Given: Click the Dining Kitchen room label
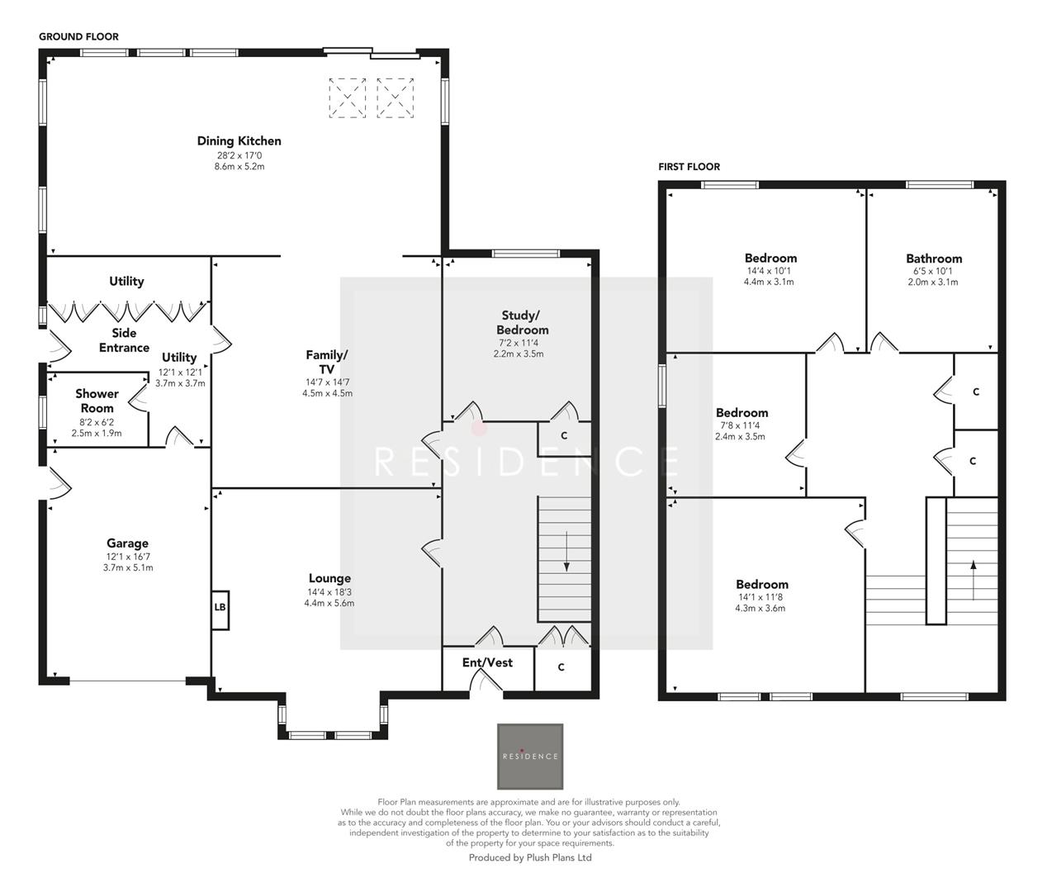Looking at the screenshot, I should (239, 141).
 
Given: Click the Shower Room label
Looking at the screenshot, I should (97, 401).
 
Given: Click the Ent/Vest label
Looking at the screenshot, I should (487, 662).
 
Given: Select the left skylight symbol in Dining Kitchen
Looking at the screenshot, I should (348, 97).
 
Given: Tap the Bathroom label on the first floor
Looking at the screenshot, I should (934, 258).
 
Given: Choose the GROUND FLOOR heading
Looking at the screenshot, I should (78, 36).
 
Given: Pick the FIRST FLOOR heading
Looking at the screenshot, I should (689, 167).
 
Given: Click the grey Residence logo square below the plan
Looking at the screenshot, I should (530, 757).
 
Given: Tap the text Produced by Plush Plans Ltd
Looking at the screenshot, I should (530, 857).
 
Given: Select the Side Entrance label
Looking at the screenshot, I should (124, 340).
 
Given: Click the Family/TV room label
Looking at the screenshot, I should (327, 362).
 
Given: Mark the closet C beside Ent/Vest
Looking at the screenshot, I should (561, 667).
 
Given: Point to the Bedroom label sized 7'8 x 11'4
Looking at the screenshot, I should (741, 413).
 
